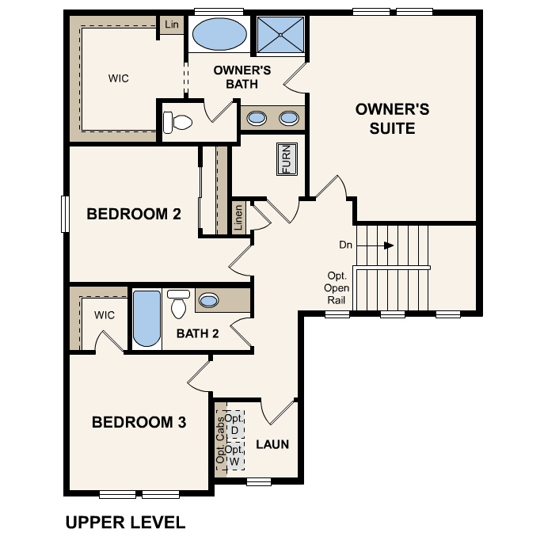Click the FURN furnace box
(x=286, y=159)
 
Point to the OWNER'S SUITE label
(x=392, y=118)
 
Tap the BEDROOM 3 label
(x=139, y=422)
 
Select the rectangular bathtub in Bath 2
(x=146, y=318)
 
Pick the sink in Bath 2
(x=209, y=300)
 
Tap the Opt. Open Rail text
(x=337, y=288)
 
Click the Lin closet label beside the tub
(x=172, y=25)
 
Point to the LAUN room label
(x=272, y=444)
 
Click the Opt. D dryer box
(x=234, y=424)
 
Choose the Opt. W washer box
(x=234, y=455)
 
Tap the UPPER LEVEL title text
(x=125, y=523)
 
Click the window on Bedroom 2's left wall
(x=66, y=214)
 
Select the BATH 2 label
(x=197, y=333)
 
